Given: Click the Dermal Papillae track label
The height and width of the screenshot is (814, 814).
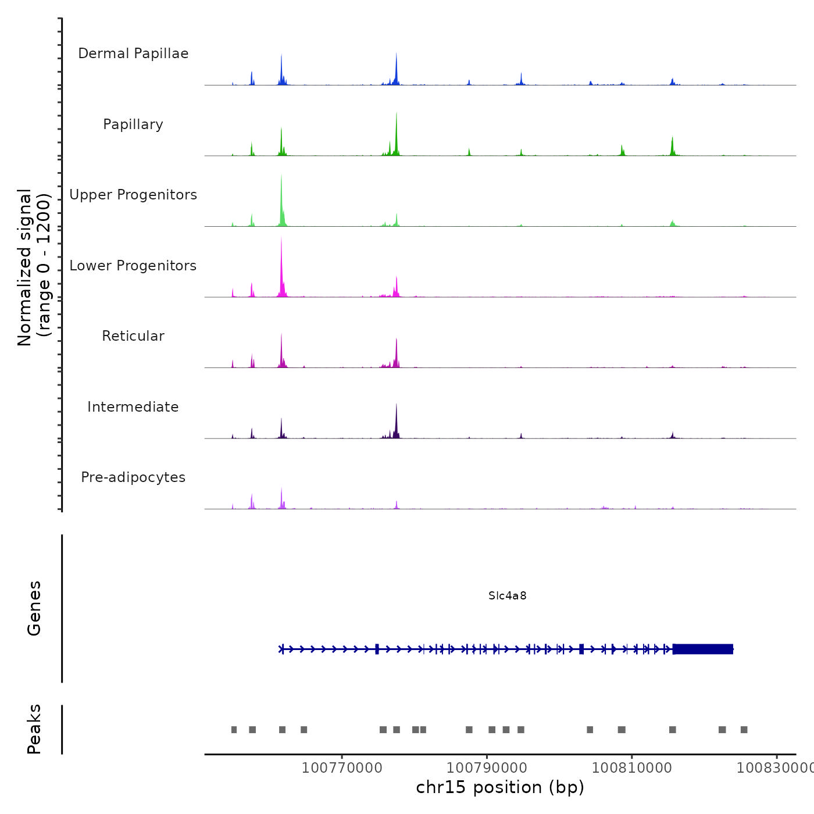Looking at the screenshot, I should click(133, 53).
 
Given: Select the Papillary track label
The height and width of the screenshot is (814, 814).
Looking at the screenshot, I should click(133, 124).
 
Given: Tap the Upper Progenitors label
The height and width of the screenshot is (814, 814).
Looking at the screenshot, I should click(133, 195).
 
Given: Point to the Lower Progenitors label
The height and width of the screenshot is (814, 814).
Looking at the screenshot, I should click(133, 266).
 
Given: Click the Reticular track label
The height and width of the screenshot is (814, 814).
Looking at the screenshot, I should click(133, 336).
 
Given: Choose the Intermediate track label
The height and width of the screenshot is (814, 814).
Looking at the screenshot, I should click(133, 407).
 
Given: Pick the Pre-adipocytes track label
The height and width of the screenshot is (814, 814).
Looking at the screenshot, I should click(133, 477).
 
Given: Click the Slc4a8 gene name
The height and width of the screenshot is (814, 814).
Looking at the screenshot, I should click(508, 595).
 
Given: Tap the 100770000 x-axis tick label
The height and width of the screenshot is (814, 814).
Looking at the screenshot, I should click(342, 767).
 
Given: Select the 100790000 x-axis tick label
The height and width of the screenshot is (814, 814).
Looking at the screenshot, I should click(487, 767).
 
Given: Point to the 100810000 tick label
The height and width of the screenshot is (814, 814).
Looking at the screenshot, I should click(632, 767).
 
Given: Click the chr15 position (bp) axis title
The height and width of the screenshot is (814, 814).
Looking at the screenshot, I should click(500, 787).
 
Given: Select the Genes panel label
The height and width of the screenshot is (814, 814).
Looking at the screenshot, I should click(34, 608).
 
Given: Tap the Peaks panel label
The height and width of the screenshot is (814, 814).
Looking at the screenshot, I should click(34, 729).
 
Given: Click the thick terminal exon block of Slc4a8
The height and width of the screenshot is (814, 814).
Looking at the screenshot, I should click(703, 649).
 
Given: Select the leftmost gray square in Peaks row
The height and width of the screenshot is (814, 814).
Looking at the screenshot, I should click(234, 730).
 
